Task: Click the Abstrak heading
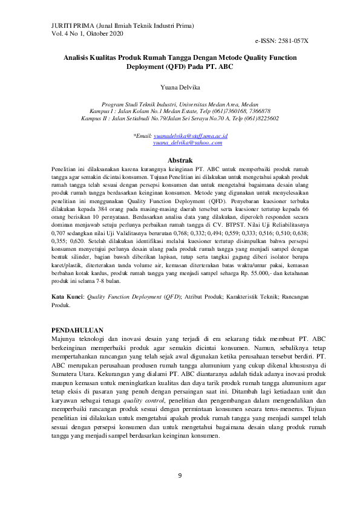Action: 180,160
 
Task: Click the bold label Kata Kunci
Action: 67,297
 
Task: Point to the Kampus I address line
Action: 180,111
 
